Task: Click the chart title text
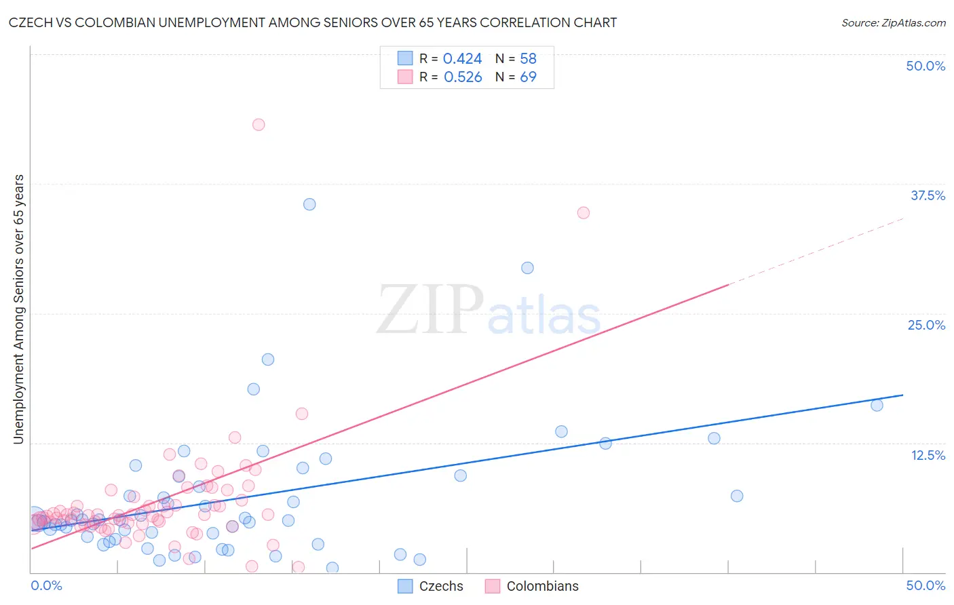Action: [x=313, y=22]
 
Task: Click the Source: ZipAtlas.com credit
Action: [x=893, y=22]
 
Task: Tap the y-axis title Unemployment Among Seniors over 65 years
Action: [x=18, y=309]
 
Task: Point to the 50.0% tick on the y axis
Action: [x=926, y=66]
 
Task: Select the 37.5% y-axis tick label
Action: [x=928, y=195]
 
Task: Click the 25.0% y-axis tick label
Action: [x=926, y=325]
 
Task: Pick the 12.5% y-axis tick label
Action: [x=928, y=455]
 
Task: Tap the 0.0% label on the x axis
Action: [x=46, y=585]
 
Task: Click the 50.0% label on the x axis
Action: [x=926, y=585]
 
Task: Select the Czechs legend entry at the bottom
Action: [x=430, y=586]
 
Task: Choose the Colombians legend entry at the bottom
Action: [x=532, y=586]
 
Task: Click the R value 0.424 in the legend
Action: [x=462, y=59]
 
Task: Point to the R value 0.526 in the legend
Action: [x=463, y=77]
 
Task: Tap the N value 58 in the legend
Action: [x=528, y=59]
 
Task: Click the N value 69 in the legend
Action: [x=528, y=77]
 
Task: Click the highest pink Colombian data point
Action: [x=259, y=125]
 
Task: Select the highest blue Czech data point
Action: [x=309, y=204]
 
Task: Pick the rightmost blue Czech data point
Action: [x=877, y=405]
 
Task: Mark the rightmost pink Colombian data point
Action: [x=584, y=213]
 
